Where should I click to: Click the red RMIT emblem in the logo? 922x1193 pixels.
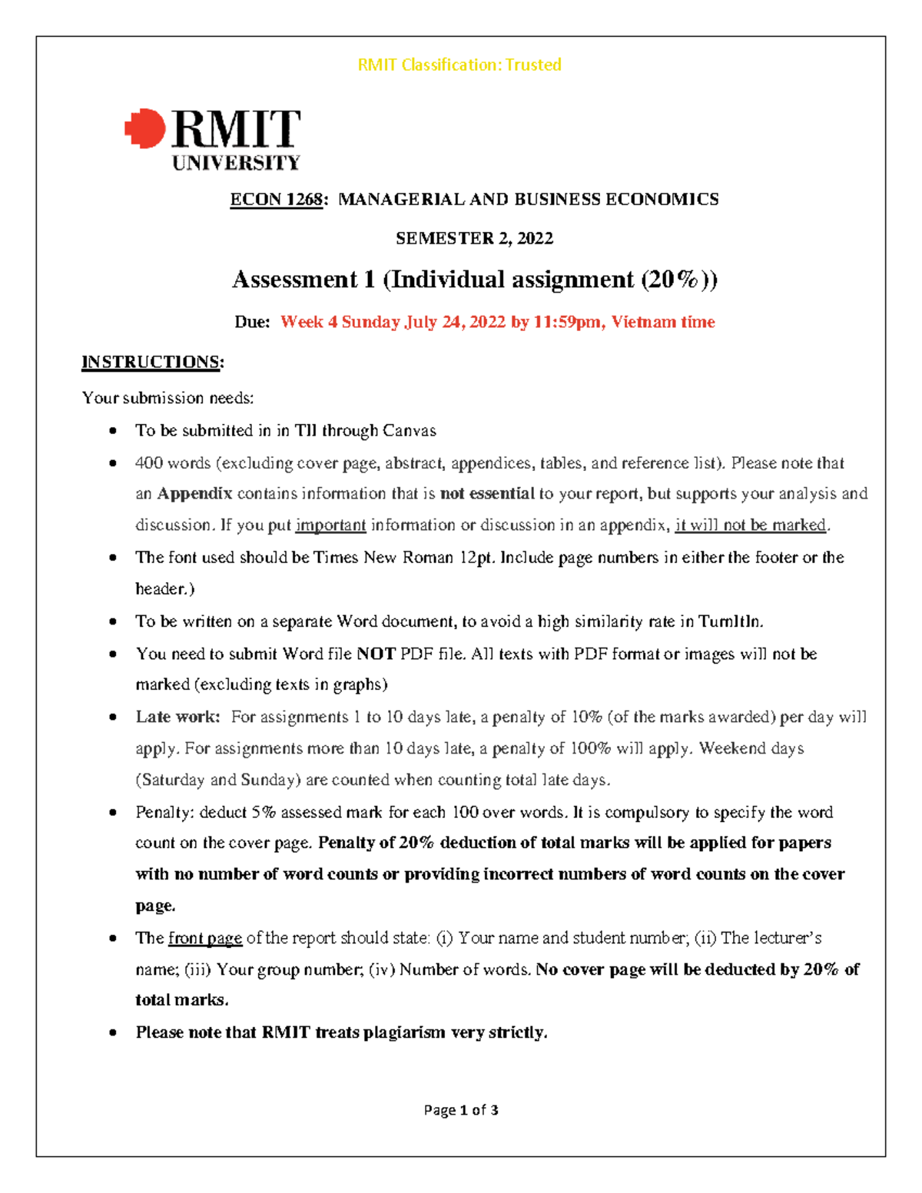pos(145,128)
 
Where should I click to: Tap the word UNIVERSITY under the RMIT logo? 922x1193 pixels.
pos(236,163)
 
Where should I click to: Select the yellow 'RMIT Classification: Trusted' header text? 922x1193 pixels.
pos(459,65)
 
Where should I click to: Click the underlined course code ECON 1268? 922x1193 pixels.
pos(277,200)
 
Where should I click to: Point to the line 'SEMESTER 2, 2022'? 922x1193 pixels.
pos(474,238)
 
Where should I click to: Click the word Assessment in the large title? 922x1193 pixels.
pos(295,280)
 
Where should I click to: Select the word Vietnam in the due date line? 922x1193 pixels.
pos(644,322)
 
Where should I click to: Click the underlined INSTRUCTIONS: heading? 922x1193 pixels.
pos(152,362)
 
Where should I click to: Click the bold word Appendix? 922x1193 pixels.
pos(194,494)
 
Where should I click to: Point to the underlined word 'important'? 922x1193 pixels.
pos(330,525)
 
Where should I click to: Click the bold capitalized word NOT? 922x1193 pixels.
pos(376,654)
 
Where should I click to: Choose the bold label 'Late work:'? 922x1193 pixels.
pos(177,717)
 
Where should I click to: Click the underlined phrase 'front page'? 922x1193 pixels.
pos(205,939)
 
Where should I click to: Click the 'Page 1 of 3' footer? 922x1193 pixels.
pos(461,1110)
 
